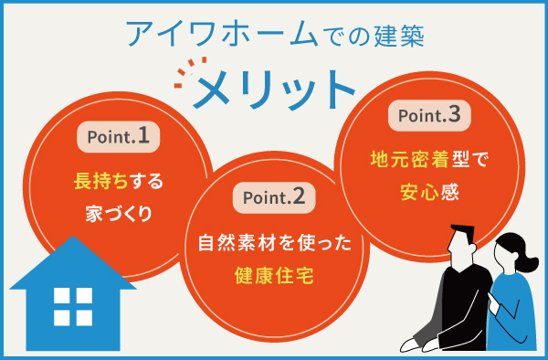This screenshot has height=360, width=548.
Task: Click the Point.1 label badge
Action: [118, 137]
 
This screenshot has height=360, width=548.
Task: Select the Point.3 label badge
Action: [432, 116]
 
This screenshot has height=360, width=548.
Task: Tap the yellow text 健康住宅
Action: [275, 275]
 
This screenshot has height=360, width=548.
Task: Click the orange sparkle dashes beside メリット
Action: [184, 75]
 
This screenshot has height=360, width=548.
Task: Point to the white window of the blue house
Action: [73, 306]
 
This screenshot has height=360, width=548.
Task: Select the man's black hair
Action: [463, 234]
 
